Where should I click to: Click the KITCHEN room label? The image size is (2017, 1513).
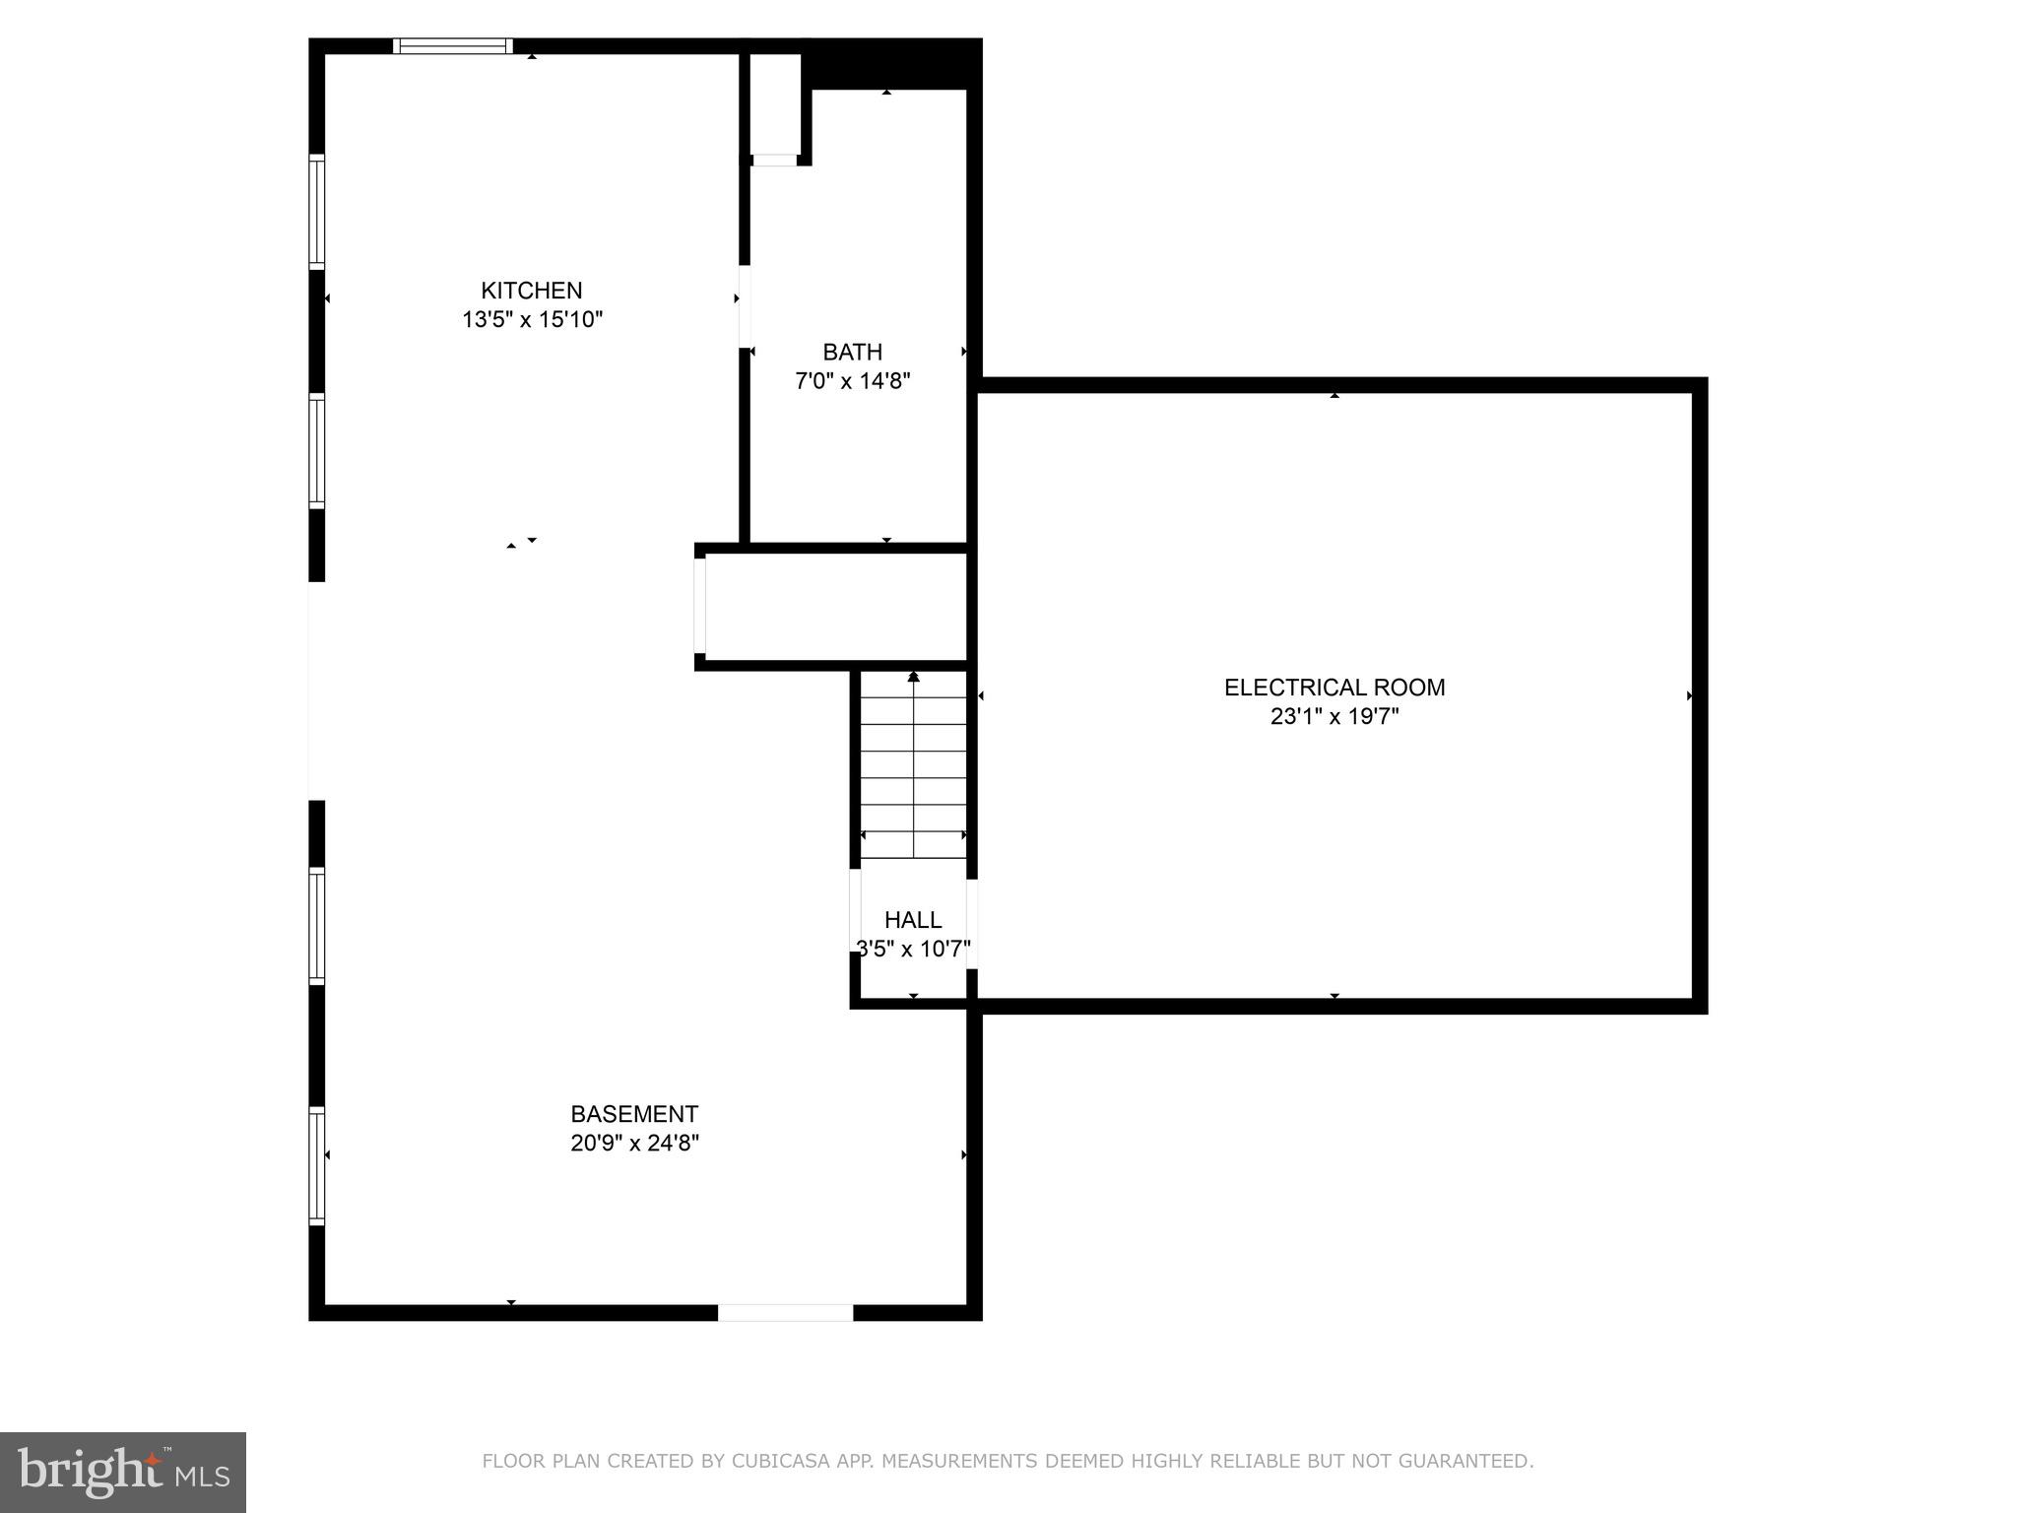tap(531, 291)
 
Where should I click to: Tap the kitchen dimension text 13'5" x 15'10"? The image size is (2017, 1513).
tap(532, 320)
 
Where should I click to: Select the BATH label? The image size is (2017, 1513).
tap(852, 352)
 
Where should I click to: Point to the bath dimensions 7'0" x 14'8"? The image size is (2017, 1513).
tap(852, 381)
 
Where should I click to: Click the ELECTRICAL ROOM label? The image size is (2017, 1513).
tap(1334, 688)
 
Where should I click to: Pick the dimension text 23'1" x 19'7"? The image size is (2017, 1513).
tap(1334, 717)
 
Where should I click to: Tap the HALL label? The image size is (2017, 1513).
tap(913, 920)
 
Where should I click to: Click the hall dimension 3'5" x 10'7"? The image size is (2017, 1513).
tap(913, 950)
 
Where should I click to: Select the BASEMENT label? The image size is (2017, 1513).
tap(634, 1114)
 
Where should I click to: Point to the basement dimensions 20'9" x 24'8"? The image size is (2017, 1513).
tap(634, 1144)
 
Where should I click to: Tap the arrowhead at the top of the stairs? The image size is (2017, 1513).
tap(913, 677)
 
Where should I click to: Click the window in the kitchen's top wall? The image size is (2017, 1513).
tap(453, 45)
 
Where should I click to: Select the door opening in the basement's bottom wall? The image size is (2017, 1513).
tap(785, 1312)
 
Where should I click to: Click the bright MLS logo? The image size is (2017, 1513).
tap(123, 1472)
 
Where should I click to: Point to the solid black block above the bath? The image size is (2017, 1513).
tap(891, 64)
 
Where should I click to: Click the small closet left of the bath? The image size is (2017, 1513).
tap(775, 103)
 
